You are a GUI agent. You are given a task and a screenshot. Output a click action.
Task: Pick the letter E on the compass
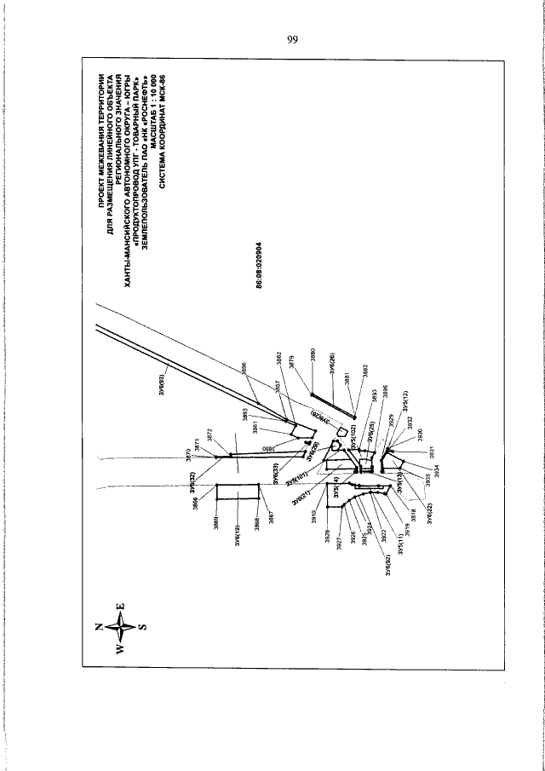(120, 606)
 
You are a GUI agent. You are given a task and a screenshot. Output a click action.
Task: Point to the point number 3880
(313, 355)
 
